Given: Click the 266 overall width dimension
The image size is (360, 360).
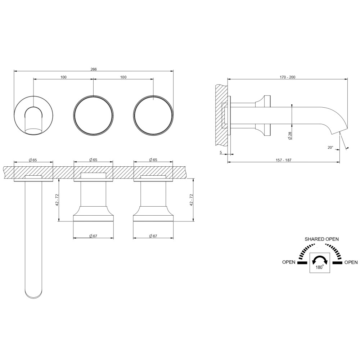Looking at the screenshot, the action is pos(94,69).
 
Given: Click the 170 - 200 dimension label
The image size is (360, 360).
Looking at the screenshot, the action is pos(287,77).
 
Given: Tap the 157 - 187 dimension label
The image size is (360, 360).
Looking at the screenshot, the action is pos(284,160).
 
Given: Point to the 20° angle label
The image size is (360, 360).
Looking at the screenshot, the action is pos(330,148).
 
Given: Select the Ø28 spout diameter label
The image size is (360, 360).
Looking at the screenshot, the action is pos(290,136).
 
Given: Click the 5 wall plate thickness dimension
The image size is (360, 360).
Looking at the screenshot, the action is pos(221,152).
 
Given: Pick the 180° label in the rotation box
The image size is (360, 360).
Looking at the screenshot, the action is pos(320,267).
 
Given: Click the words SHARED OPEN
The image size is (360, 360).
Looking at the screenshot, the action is pos(321,239).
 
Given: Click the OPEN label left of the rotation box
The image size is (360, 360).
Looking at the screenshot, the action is pos(289,262).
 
